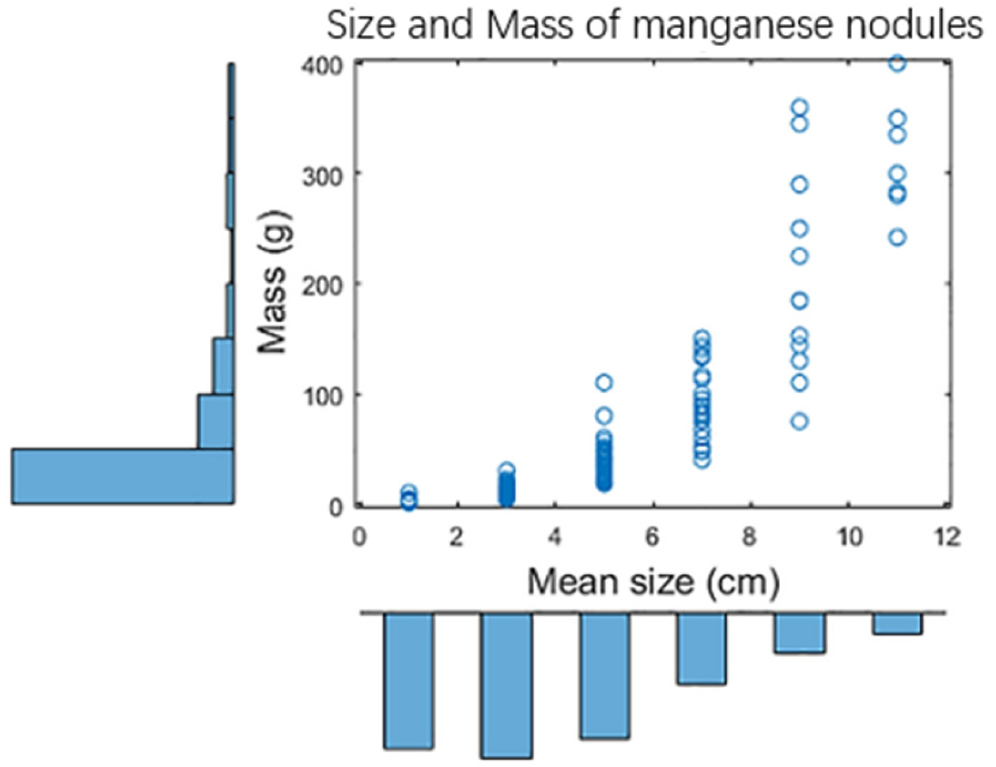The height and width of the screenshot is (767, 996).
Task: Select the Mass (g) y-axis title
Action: [x=273, y=284]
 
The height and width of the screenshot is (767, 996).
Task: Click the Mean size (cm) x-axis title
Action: [x=653, y=581]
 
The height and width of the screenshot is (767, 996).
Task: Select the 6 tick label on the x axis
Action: [x=652, y=537]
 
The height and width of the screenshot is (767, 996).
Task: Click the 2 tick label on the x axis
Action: [x=456, y=537]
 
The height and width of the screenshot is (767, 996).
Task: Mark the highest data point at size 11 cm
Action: [x=897, y=62]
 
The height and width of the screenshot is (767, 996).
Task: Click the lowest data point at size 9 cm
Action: [x=799, y=421]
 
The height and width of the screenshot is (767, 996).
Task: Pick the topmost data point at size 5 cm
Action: [x=603, y=383]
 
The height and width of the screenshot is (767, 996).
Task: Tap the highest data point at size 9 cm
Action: [x=799, y=107]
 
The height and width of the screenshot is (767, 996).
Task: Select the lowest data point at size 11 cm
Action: [x=897, y=237]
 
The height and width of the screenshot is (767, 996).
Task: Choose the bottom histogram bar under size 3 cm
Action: [x=507, y=685]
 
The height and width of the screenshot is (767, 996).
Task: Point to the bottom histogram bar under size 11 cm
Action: [x=897, y=624]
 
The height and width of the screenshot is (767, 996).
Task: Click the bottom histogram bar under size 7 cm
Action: [x=702, y=648]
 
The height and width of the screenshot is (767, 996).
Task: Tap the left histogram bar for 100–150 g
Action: [x=224, y=366]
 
